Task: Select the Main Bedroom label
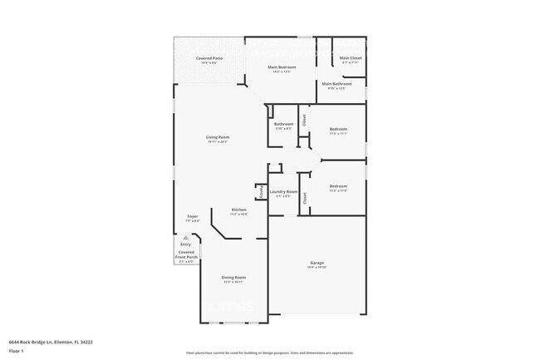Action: coord(282,67)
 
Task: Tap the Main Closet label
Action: coord(351,58)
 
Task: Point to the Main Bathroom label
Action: coord(337,83)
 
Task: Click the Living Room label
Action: coord(218,136)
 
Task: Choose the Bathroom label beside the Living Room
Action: coord(283,124)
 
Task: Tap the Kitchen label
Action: coord(238,210)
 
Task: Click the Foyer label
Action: coord(191,216)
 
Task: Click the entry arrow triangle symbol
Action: coord(186,237)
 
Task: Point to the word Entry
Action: coord(186,244)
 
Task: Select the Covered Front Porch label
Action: coord(185,254)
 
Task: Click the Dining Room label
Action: coord(233,277)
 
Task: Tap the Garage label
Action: coord(317,263)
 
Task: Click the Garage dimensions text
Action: coord(317,268)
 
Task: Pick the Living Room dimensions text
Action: coord(218,141)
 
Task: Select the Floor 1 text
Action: coord(17,352)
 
